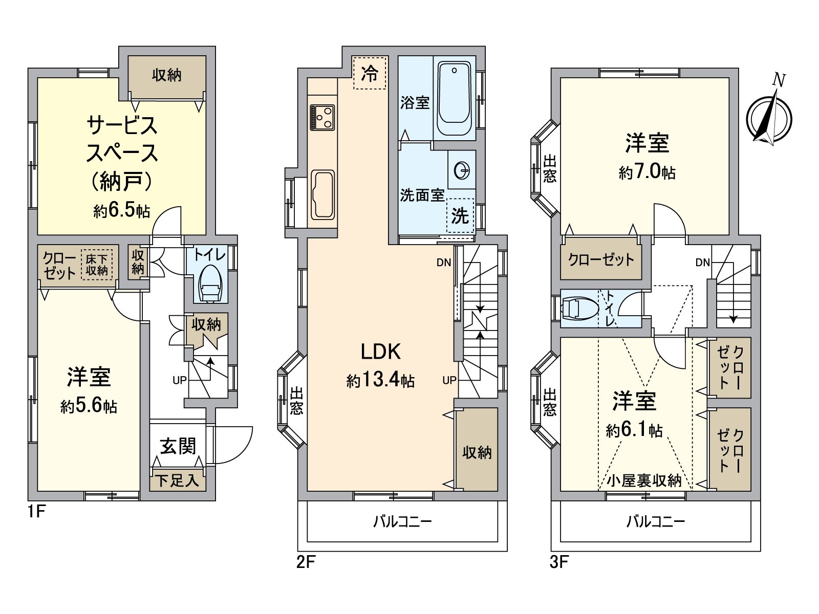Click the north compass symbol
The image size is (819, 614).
[x=769, y=117]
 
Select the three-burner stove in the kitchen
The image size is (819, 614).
[x=322, y=117]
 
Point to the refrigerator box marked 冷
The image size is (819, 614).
[x=370, y=73]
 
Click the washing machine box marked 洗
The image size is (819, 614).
[x=460, y=215]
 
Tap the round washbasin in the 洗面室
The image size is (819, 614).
[x=462, y=170]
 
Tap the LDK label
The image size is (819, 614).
[x=380, y=352]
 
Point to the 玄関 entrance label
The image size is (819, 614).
[x=178, y=446]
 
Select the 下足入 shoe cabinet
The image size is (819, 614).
[x=178, y=481]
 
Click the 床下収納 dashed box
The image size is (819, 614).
[x=97, y=265]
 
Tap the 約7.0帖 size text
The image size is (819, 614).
[x=647, y=172]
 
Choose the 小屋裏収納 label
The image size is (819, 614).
[x=644, y=480]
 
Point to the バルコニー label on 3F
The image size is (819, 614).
[x=656, y=522]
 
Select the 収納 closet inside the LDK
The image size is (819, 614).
[x=477, y=451]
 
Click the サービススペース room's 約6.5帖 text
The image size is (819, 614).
[x=121, y=210]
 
